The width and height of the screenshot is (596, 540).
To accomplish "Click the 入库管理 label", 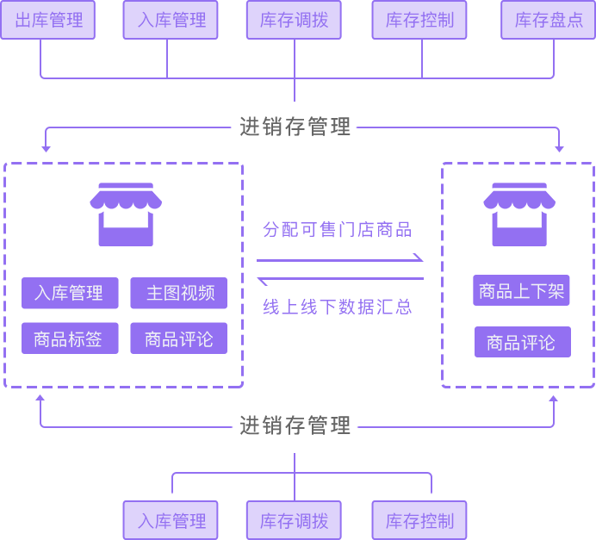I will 68,293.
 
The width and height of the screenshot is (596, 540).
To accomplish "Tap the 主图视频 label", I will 180,293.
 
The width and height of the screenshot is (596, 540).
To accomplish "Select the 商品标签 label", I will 68,339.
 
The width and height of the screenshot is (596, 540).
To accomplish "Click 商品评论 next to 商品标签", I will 179,339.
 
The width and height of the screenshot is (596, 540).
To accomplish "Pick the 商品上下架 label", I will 521,291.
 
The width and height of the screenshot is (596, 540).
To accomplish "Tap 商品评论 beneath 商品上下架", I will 521,343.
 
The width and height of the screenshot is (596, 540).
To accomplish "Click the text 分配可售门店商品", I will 337,229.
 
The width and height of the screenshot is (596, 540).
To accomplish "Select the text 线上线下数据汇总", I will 337,307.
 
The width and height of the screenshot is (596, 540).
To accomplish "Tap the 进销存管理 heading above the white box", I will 295,127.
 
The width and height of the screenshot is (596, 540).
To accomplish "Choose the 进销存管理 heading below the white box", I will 295,425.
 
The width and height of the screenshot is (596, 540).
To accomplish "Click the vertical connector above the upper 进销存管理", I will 294,91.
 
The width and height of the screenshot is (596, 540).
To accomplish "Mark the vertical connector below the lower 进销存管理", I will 294,461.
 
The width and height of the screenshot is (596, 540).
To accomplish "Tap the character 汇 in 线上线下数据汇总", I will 383,307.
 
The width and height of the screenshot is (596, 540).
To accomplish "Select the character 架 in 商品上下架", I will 556,291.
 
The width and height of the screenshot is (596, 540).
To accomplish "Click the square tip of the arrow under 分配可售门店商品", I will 418,257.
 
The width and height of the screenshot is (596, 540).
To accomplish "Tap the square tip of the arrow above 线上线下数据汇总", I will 261,281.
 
